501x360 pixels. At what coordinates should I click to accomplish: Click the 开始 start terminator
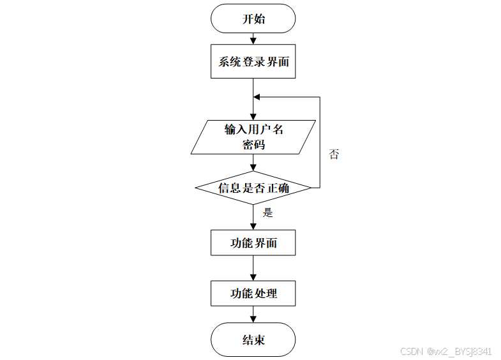tap(253, 19)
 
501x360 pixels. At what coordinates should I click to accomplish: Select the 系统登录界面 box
tap(253, 61)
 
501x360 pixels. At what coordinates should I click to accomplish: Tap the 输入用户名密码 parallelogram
tap(253, 137)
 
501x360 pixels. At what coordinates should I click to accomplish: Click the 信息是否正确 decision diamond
tap(253, 188)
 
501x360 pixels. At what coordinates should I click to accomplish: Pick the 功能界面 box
tap(253, 243)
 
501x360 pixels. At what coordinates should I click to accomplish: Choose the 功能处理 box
tap(253, 293)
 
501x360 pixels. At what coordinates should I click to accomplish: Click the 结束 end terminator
tap(253, 340)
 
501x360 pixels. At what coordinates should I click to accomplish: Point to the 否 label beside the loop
tap(334, 154)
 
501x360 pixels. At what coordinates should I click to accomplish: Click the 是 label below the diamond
tap(268, 213)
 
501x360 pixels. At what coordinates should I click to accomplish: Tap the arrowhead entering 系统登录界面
tap(253, 41)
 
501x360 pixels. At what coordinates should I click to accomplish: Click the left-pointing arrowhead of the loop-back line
tap(257, 97)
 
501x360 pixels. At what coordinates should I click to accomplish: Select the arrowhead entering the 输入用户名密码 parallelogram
tap(253, 117)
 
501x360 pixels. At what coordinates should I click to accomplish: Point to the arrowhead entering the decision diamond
tap(253, 168)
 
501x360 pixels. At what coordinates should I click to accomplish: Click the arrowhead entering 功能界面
tap(253, 227)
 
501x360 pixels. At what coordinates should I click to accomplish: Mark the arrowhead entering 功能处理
tap(253, 277)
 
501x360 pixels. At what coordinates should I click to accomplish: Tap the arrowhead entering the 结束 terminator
tap(253, 319)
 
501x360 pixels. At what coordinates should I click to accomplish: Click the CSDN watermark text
tap(446, 351)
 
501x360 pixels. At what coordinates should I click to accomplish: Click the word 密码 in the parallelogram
tap(253, 145)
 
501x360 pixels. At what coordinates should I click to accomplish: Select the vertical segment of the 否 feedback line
tap(320, 142)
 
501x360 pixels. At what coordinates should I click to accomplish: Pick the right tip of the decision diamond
tap(311, 188)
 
